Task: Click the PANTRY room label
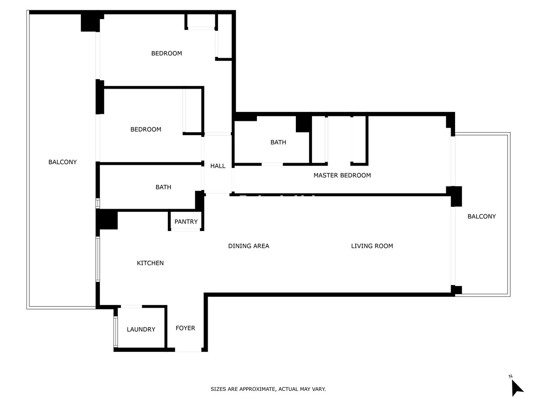pyautogui.click(x=186, y=222)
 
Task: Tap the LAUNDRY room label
pyautogui.click(x=141, y=330)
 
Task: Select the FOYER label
pyautogui.click(x=185, y=328)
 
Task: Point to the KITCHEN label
pyautogui.click(x=150, y=263)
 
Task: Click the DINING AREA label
pyautogui.click(x=249, y=246)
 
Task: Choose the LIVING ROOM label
pyautogui.click(x=372, y=246)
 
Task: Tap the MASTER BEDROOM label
pyautogui.click(x=342, y=176)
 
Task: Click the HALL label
pyautogui.click(x=218, y=166)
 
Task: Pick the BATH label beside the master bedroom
pyautogui.click(x=278, y=142)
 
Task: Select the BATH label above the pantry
pyautogui.click(x=163, y=187)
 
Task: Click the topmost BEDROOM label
pyautogui.click(x=166, y=53)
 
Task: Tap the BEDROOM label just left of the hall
pyautogui.click(x=146, y=129)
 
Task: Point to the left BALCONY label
pyautogui.click(x=63, y=162)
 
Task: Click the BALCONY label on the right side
pyautogui.click(x=482, y=217)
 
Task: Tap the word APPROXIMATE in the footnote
pyautogui.click(x=257, y=390)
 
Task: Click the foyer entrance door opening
pyautogui.click(x=188, y=350)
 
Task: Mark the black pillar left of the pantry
pyautogui.click(x=107, y=220)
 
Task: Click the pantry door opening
pyautogui.click(x=186, y=230)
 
